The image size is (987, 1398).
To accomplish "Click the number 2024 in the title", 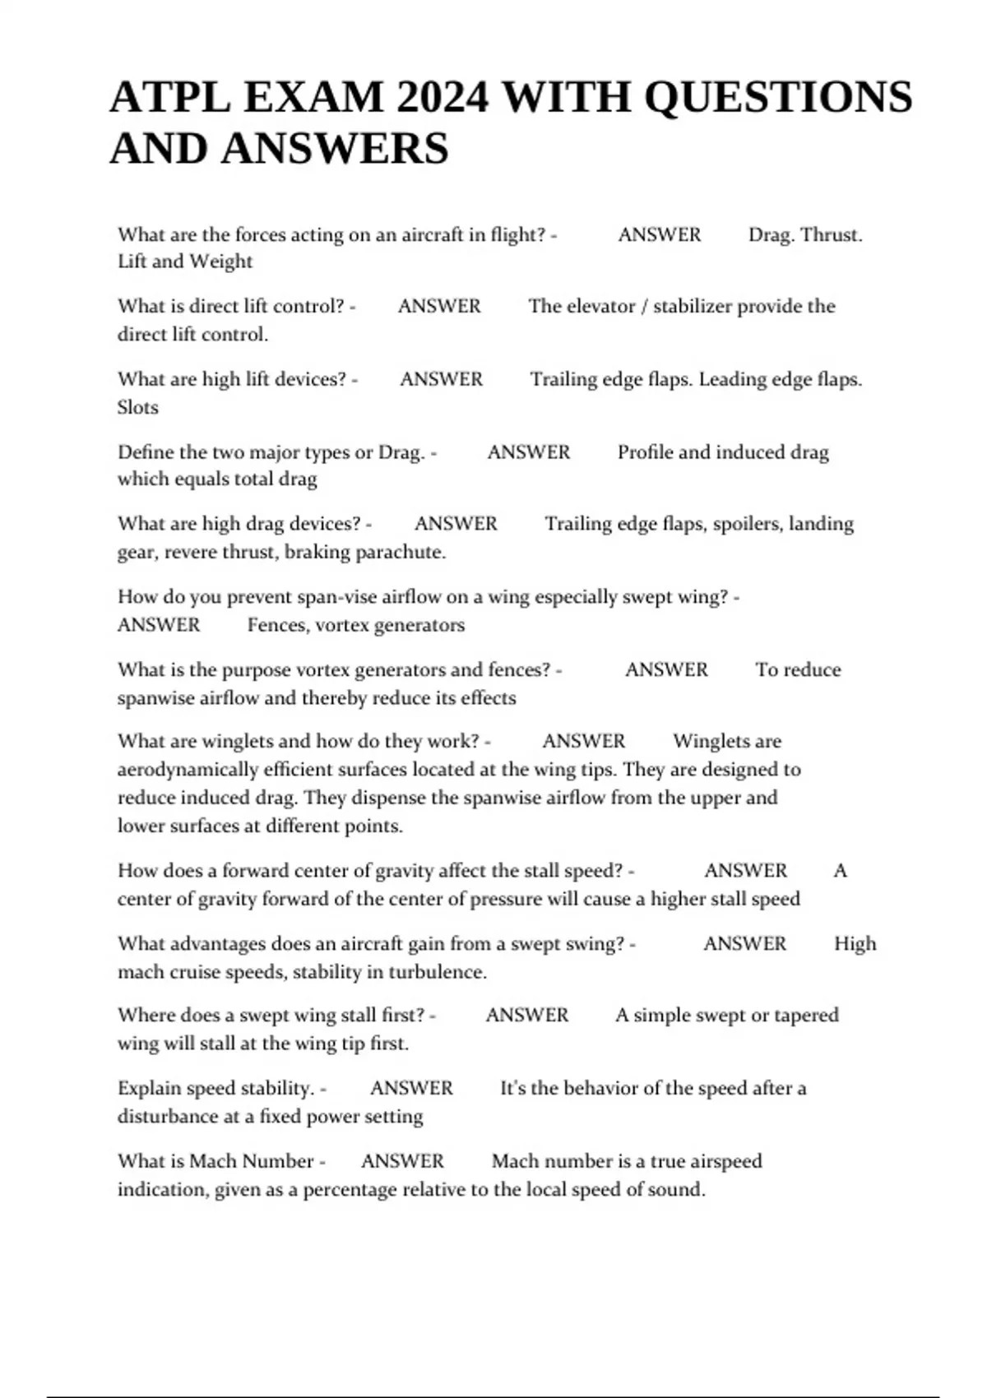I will (x=442, y=97).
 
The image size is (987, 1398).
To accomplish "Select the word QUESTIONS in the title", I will (x=777, y=97).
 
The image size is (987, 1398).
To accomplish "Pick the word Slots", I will (x=137, y=407).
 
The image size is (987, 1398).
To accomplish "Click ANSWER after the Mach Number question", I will (x=402, y=1161).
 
